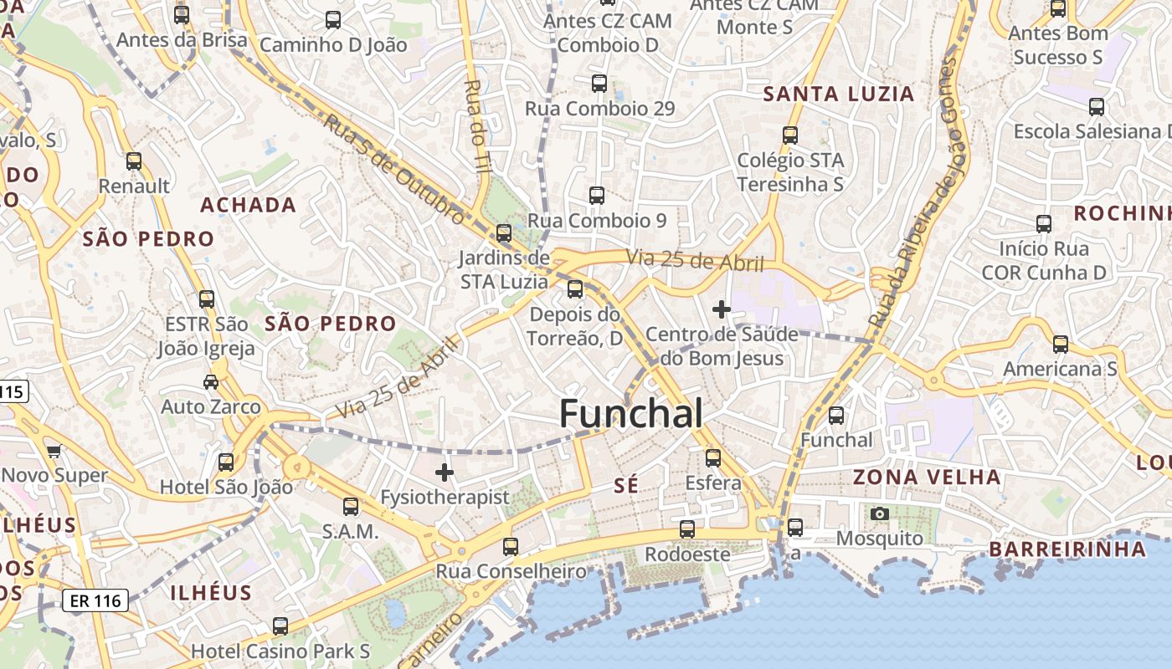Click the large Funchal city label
pos(630,413)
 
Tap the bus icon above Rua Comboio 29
pos(599,83)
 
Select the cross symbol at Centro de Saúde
pos(721,309)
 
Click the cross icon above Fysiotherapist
pos(445,472)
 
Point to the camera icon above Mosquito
pos(879,513)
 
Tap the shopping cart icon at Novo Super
pos(54,452)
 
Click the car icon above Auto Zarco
pos(211,382)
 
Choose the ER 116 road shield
pos(95,600)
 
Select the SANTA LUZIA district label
pos(839,94)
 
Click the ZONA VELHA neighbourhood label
pos(927,477)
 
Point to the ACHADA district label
pos(248,205)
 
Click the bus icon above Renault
pos(134,161)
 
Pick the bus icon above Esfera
pos(713,457)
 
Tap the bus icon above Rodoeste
pos(687,529)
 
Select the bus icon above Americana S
pos(1061,344)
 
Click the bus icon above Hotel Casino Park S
pos(280,626)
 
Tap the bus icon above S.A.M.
pos(351,506)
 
